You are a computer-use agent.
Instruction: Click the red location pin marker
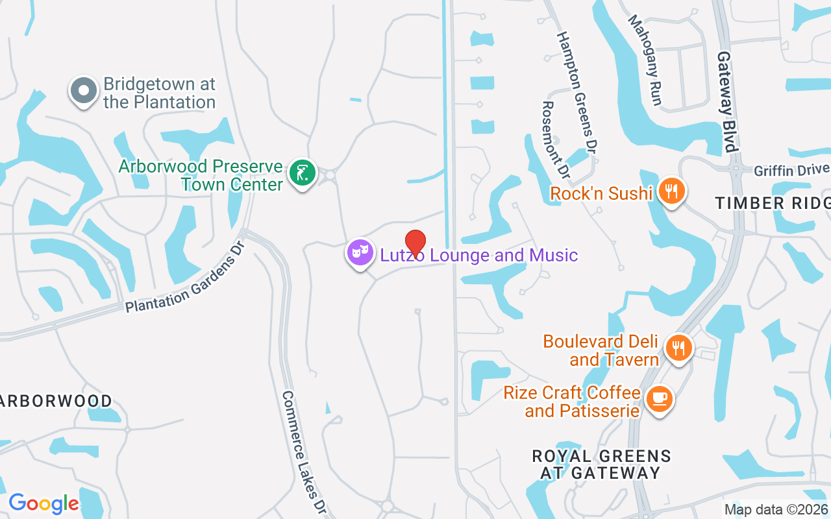coord(415,243)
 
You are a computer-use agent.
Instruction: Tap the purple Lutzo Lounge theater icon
coord(360,252)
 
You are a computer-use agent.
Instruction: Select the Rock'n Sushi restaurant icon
coord(672,191)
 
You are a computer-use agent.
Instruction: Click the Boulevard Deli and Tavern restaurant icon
coord(678,348)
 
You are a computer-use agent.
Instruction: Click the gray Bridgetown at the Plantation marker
coord(84,91)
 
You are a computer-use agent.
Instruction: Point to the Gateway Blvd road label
coord(728,102)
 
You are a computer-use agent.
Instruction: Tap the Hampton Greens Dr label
coord(577,93)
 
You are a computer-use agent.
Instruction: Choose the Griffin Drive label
coord(791,170)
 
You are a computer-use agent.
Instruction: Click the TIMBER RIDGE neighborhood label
coord(773,203)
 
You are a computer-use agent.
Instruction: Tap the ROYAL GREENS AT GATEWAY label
coord(601,465)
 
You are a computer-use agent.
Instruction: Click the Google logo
coord(43,503)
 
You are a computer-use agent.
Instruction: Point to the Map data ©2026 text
coord(776,509)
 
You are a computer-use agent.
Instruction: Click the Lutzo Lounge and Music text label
coord(479,255)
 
